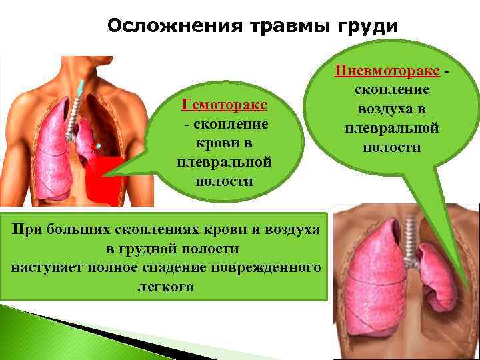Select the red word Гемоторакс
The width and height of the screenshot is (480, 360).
pyautogui.click(x=225, y=105)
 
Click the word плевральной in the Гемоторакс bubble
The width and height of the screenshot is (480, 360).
pyautogui.click(x=225, y=162)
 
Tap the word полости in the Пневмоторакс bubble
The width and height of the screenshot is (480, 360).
pyautogui.click(x=391, y=147)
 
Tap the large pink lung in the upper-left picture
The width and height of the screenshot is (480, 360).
pyautogui.click(x=50, y=150)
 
